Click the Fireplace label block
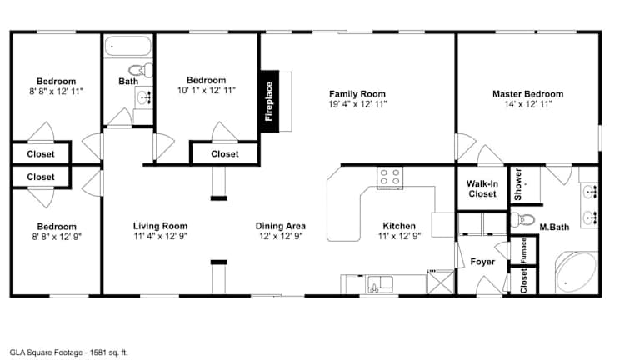pyautogui.click(x=269, y=101)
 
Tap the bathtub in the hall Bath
pyautogui.click(x=128, y=46)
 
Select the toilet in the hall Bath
pyautogui.click(x=141, y=70)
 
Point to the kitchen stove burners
pyautogui.click(x=390, y=177)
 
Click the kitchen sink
pyautogui.click(x=380, y=284)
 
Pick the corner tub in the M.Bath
pyautogui.click(x=577, y=272)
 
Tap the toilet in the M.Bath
pyautogui.click(x=522, y=220)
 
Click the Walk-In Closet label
pyautogui.click(x=482, y=188)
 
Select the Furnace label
pyautogui.click(x=523, y=250)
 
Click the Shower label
pyautogui.click(x=518, y=184)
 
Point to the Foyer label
pyautogui.click(x=482, y=261)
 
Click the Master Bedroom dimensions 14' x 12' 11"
pyautogui.click(x=528, y=104)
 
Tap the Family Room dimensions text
pyautogui.click(x=357, y=104)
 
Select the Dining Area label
pyautogui.click(x=280, y=226)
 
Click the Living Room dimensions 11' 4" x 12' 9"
pyautogui.click(x=160, y=236)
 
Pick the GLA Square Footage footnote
pyautogui.click(x=68, y=352)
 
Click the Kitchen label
pyautogui.click(x=399, y=226)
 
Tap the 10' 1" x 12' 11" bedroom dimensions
pyautogui.click(x=207, y=90)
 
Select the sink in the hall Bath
pyautogui.click(x=143, y=97)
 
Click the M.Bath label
pyautogui.click(x=554, y=227)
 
